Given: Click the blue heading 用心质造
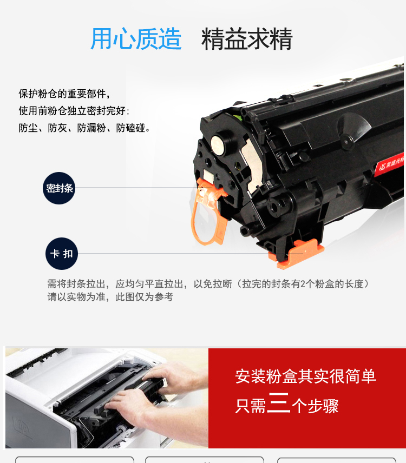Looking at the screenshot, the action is tap(136, 39).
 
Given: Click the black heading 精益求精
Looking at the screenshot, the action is tap(247, 39).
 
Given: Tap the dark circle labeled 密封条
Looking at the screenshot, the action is tap(59, 188).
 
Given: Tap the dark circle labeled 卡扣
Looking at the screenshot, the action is tap(62, 254).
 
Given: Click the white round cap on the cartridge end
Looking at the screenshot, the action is tap(218, 144).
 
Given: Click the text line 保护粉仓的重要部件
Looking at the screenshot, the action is tap(64, 94).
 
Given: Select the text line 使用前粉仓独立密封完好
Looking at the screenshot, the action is tap(74, 111).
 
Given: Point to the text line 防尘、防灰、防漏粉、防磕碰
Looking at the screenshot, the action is tap(84, 128).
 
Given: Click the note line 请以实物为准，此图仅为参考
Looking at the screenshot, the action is tap(110, 297).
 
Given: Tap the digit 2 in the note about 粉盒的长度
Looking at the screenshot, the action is tap(303, 284).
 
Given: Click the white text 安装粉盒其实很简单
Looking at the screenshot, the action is tap(305, 376).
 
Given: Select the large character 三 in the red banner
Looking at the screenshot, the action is tap(279, 402).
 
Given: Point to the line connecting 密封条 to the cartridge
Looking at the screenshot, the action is tap(143, 188).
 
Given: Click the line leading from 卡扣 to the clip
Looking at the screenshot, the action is tap(191, 254).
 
